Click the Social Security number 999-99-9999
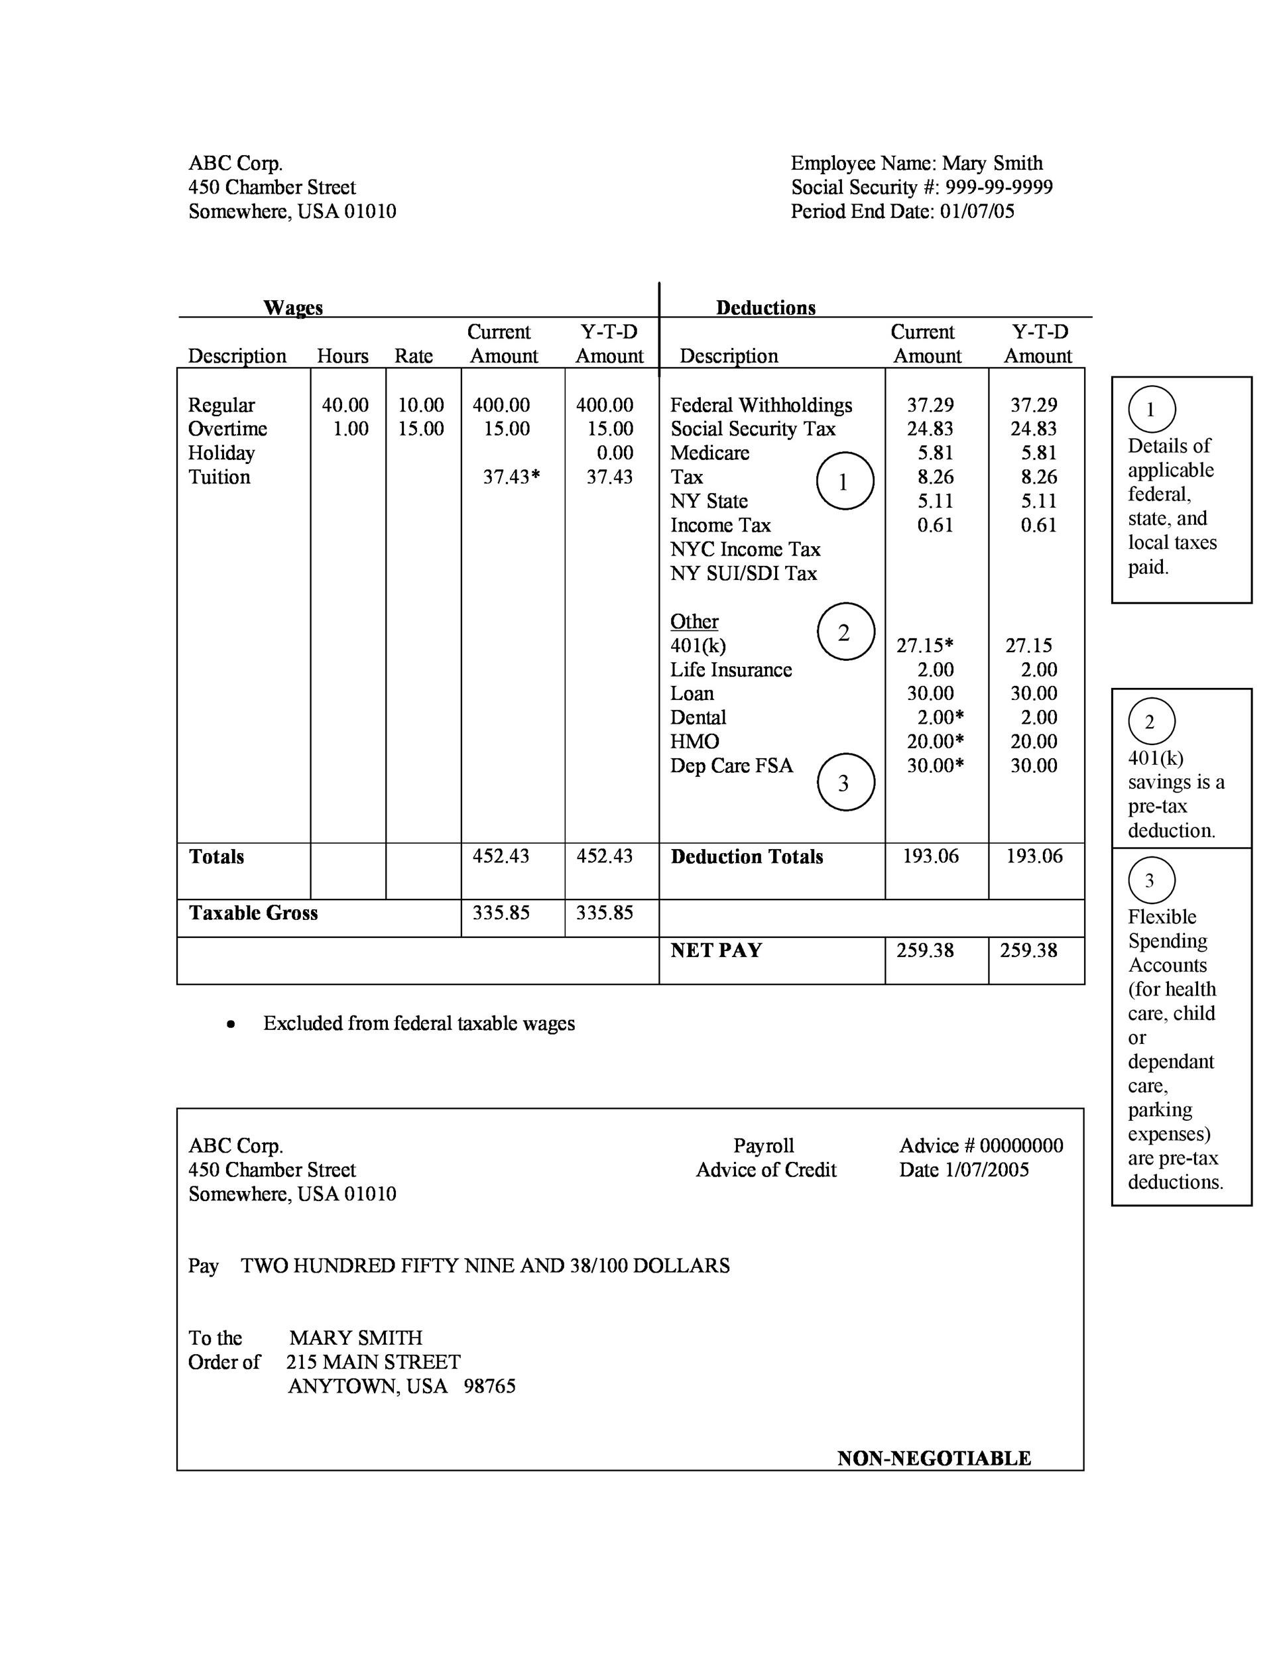(999, 188)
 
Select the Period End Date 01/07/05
(977, 211)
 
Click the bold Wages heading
(293, 308)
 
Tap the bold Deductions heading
(765, 308)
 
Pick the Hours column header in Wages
(342, 356)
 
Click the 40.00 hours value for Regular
(345, 405)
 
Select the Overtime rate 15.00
(421, 429)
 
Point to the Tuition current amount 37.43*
(511, 477)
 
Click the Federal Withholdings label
(761, 405)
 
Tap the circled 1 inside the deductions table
(844, 481)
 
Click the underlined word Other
(694, 622)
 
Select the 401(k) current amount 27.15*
(924, 646)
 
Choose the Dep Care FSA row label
(731, 766)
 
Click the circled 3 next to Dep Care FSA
(845, 782)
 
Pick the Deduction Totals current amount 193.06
(930, 856)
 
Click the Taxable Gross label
(253, 913)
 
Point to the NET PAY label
(715, 950)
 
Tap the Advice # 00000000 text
(981, 1145)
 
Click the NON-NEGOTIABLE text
(934, 1458)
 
